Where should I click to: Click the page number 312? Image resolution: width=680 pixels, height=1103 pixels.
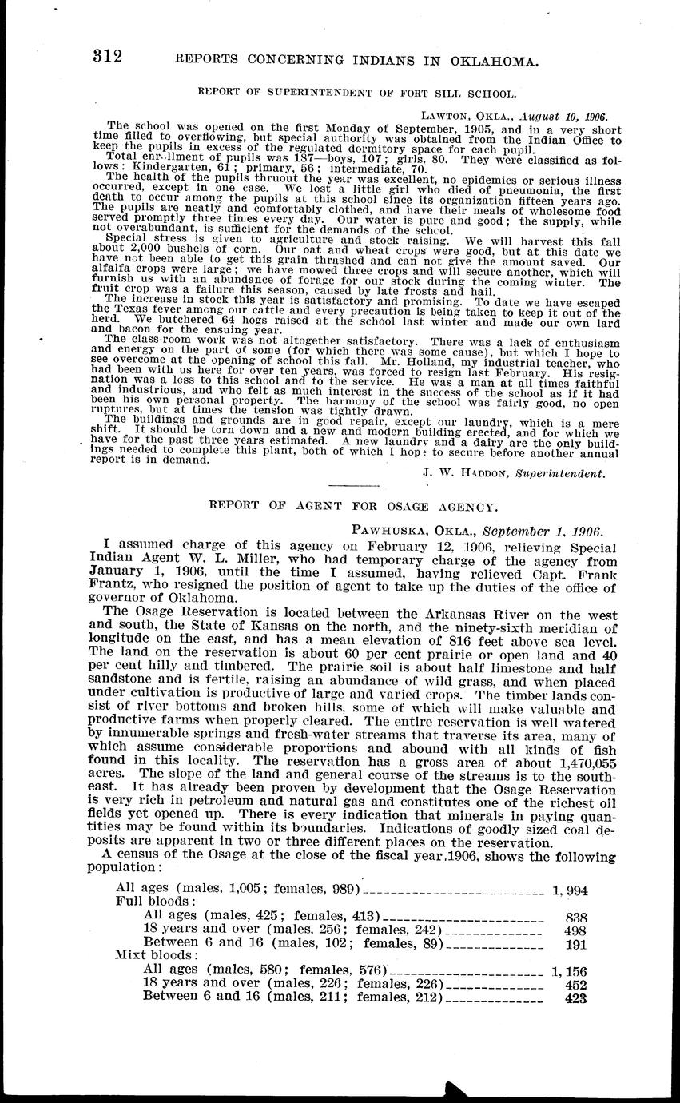coord(107,56)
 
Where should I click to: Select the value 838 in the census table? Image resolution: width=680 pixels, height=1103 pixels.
coord(575,917)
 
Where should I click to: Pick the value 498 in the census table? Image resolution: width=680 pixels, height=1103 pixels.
coord(575,930)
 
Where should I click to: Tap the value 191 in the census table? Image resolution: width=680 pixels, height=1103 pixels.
coord(575,944)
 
